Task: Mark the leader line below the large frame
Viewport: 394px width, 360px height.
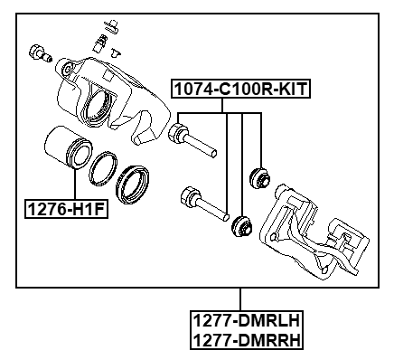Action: point(240,298)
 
